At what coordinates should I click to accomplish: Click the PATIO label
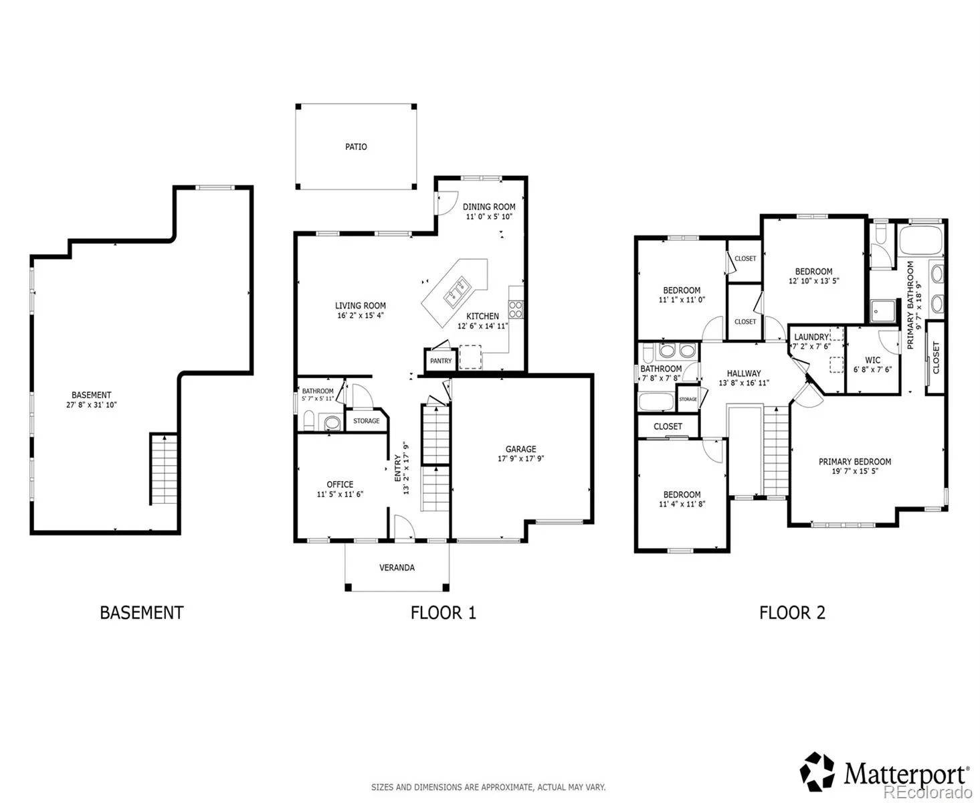pos(355,147)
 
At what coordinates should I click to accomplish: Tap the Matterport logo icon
pos(817,772)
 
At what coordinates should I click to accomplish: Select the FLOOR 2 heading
pos(792,612)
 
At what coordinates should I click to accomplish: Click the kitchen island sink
pos(456,293)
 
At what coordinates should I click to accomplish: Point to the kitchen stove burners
pos(515,309)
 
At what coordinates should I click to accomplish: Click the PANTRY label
pos(441,361)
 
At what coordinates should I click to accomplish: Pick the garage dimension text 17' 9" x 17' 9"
pos(520,458)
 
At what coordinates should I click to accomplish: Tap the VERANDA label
pos(397,567)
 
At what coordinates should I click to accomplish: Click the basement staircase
pos(164,468)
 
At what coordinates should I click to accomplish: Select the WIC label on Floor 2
pos(872,360)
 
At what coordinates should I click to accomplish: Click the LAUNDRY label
pos(811,337)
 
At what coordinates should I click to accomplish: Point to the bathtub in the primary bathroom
pos(920,240)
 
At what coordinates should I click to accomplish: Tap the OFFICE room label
pos(340,484)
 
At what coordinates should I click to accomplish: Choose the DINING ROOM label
pos(489,207)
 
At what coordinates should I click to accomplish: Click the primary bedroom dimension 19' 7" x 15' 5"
pos(854,471)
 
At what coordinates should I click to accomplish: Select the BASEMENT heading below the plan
pos(142,612)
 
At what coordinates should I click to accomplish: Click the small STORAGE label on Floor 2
pos(688,399)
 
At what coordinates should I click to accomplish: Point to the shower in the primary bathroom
pos(882,310)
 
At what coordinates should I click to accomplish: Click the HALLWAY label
pos(743,373)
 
